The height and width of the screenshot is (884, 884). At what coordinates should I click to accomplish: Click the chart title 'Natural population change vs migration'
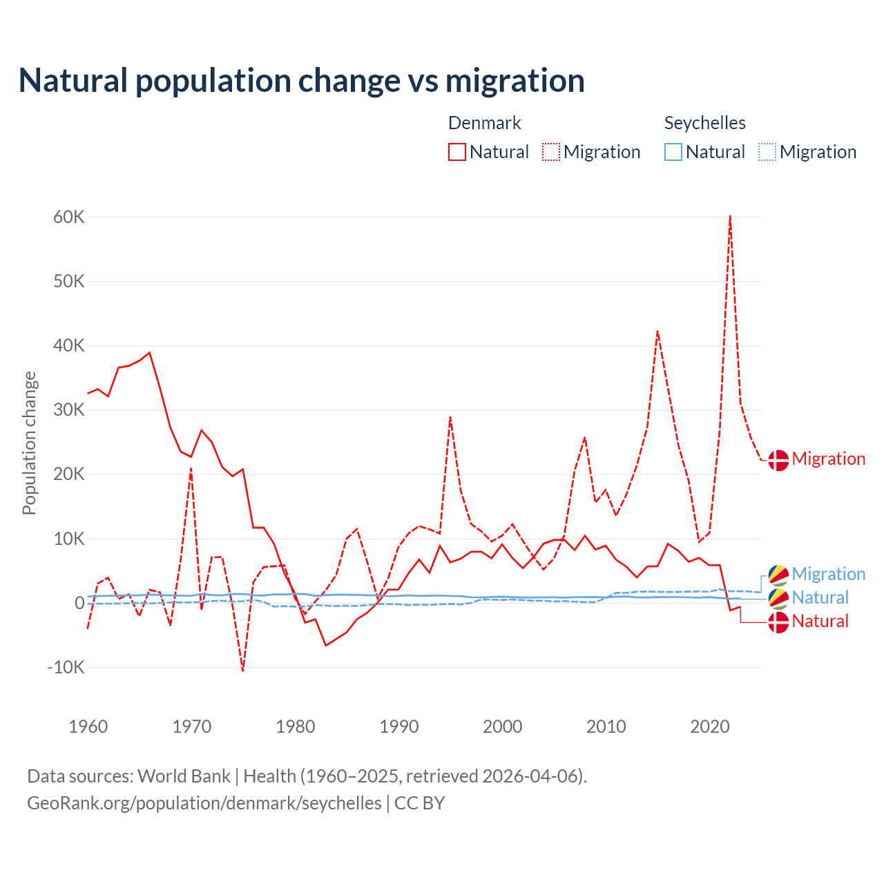(301, 80)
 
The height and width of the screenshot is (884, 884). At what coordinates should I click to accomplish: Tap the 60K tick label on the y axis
(69, 218)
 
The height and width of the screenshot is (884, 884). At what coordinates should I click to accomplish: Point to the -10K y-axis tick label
(66, 667)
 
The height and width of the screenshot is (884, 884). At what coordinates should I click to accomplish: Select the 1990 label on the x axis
(399, 727)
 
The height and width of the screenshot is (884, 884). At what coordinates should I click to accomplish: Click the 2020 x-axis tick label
(710, 727)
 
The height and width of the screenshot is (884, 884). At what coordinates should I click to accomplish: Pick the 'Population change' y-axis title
(29, 443)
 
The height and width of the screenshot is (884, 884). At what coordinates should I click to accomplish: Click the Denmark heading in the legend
(484, 123)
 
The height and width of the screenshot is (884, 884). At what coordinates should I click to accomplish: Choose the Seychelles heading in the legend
(704, 123)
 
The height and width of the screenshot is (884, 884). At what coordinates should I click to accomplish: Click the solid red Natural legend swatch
(457, 152)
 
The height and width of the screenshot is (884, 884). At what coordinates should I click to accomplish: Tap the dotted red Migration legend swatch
(551, 152)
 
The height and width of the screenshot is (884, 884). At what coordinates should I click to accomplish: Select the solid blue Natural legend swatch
(673, 152)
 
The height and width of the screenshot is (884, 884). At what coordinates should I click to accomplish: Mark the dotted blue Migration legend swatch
(767, 152)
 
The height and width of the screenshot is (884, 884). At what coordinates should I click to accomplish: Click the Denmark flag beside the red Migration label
(778, 460)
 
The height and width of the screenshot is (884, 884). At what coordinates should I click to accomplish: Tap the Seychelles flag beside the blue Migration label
(778, 575)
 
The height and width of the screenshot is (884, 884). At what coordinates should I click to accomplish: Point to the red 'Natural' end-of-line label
(820, 621)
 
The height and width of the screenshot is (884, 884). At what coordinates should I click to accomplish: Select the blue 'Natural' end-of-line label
(820, 597)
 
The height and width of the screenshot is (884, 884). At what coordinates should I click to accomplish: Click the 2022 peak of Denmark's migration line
(730, 216)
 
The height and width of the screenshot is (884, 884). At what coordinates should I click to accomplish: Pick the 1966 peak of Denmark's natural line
(150, 353)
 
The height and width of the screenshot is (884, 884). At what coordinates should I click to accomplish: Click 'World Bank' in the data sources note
(184, 776)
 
